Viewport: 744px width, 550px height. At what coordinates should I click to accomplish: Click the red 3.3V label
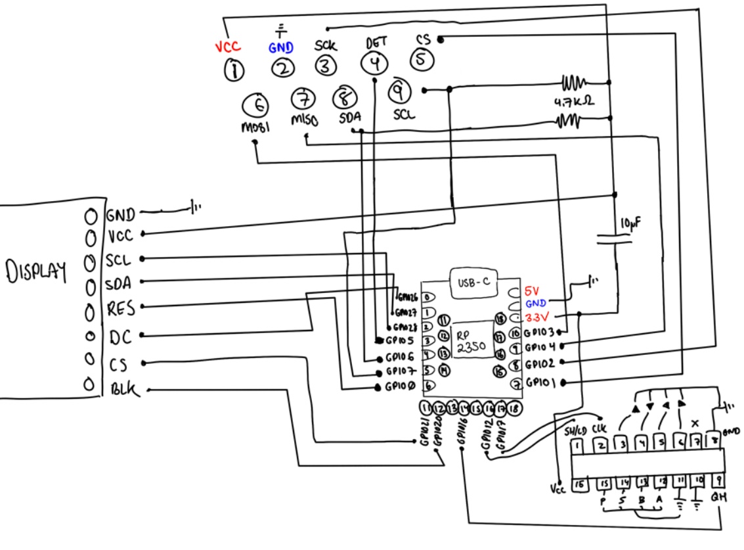pyautogui.click(x=538, y=315)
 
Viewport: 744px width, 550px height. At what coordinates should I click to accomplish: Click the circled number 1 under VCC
pyautogui.click(x=233, y=69)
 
